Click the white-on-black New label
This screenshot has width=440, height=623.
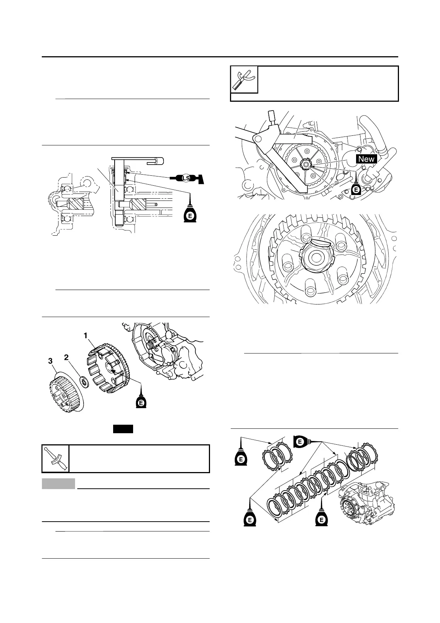(x=366, y=159)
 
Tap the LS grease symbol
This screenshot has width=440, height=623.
(x=186, y=178)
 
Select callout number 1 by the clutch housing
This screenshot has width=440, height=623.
(x=85, y=336)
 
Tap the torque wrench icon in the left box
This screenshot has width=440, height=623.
(x=55, y=459)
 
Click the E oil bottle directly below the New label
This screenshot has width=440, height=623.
(x=356, y=187)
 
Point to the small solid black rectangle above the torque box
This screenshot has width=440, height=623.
(x=123, y=429)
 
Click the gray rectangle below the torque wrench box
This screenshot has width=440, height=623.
(x=58, y=484)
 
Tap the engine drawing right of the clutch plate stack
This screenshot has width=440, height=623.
(x=366, y=503)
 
